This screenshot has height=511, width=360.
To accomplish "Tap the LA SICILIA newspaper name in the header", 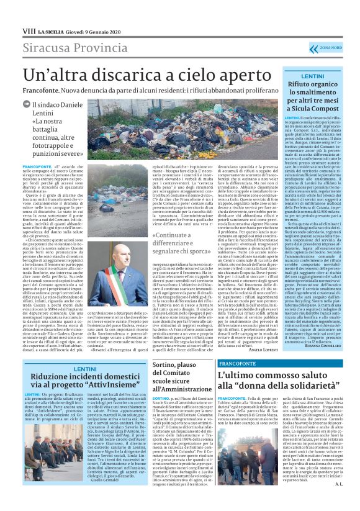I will (50, 30).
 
